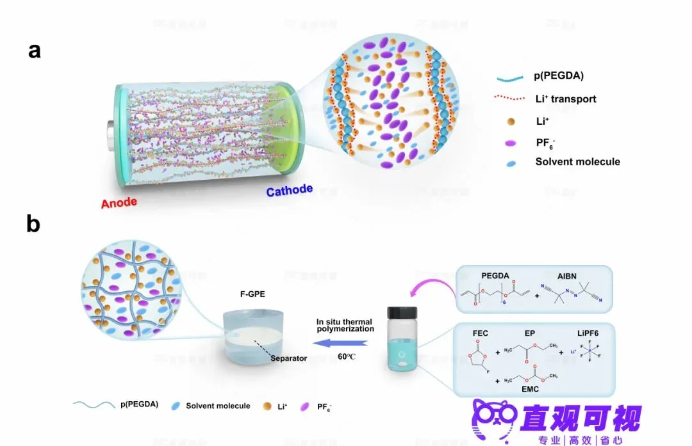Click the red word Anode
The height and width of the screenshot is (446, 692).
[119, 203]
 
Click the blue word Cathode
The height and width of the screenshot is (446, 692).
[290, 190]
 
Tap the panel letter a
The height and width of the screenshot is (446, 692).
[35, 51]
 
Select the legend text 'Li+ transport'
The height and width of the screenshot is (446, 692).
[566, 99]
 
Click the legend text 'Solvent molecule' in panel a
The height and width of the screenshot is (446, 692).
[577, 161]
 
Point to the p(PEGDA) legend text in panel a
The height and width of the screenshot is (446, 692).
[559, 76]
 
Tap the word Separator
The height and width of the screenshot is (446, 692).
[288, 358]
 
